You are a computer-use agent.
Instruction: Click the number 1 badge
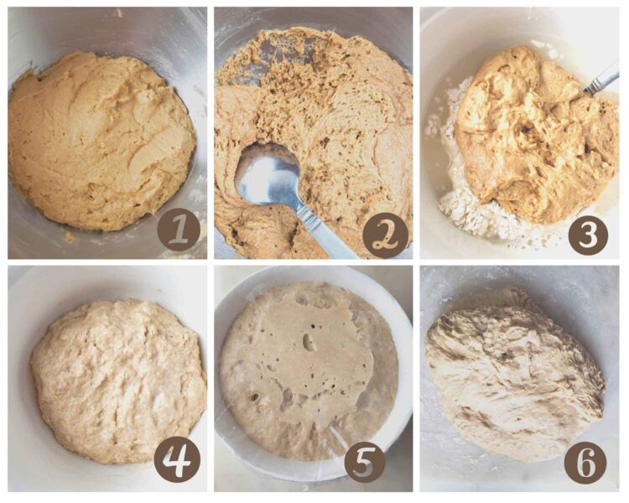[x=179, y=231]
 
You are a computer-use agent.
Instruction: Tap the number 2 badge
[x=385, y=236]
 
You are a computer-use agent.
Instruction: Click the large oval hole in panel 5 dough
[x=310, y=342]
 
